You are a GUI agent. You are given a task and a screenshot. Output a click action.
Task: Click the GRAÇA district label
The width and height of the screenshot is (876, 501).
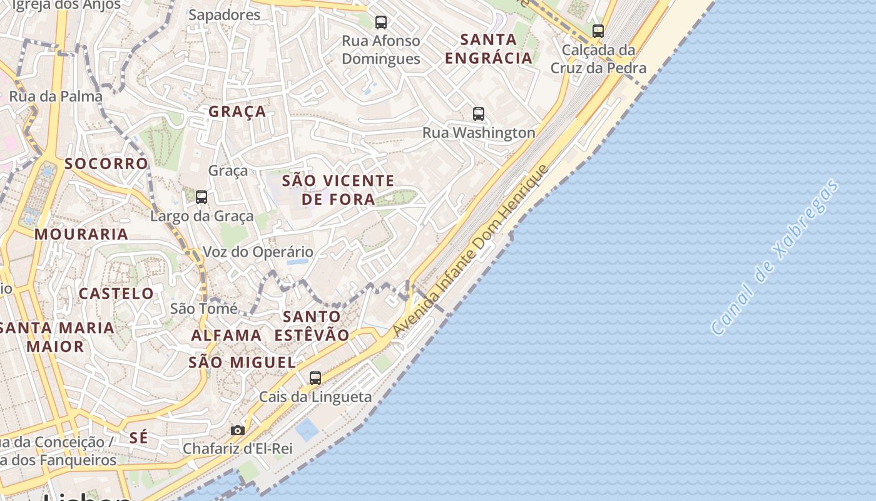click(237, 112)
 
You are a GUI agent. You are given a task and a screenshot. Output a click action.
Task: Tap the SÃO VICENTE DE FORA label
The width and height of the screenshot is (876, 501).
click(338, 190)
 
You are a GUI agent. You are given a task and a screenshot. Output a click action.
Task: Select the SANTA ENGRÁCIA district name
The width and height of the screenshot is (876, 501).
click(488, 49)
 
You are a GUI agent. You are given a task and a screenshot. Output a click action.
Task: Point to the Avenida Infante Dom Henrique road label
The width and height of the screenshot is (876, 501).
click(471, 251)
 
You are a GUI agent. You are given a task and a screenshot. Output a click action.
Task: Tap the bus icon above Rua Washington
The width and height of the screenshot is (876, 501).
click(479, 114)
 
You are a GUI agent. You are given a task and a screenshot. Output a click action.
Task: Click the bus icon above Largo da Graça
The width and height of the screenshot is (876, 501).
click(201, 197)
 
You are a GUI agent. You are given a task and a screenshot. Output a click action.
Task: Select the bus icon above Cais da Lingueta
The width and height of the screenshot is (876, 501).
click(315, 378)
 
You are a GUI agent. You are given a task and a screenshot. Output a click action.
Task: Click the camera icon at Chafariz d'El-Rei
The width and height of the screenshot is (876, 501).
click(237, 430)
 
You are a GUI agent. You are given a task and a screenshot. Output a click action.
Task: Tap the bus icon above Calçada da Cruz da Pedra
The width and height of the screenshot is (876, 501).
click(598, 31)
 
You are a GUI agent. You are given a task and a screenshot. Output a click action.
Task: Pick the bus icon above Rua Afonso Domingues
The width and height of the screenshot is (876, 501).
click(380, 23)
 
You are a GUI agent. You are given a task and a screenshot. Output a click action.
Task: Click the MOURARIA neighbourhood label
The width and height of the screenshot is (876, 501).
click(81, 234)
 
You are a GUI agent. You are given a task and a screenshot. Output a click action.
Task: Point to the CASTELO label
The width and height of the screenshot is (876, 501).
click(116, 293)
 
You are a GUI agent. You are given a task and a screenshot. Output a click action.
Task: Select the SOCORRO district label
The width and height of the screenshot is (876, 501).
click(106, 163)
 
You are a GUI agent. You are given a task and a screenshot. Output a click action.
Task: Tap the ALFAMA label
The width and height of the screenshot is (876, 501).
click(227, 335)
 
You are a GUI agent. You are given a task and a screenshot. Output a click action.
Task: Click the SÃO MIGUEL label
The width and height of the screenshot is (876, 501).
click(242, 362)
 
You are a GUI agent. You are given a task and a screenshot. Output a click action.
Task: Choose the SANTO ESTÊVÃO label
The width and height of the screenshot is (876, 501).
click(312, 326)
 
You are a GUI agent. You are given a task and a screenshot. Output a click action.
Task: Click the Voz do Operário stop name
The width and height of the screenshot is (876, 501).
click(258, 252)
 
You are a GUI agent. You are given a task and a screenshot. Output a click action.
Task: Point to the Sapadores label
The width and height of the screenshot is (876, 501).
click(224, 15)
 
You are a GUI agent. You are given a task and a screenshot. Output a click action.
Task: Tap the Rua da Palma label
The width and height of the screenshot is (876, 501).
click(56, 96)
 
